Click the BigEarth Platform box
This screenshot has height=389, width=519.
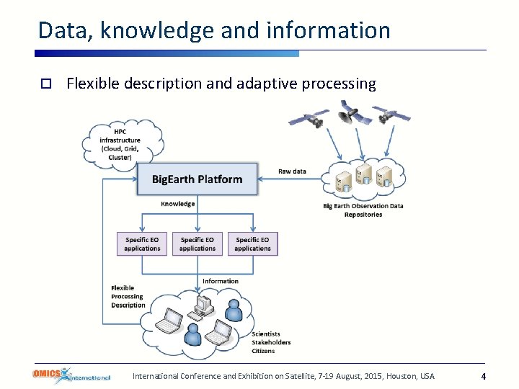point(197,179)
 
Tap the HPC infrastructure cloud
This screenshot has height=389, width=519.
point(120,144)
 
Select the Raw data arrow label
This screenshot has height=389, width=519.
point(292,171)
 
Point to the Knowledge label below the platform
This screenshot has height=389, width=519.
point(177,204)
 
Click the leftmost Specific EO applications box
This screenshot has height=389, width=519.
point(142,243)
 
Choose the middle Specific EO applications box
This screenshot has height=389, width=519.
point(198,243)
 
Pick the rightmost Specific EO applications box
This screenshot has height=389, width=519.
point(252,243)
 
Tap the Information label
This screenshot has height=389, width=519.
point(220,281)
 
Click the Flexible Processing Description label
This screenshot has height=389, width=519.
point(128,296)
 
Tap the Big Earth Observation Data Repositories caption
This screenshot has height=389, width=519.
point(363,210)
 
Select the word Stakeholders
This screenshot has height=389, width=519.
point(271,342)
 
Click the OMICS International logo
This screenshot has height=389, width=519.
point(71,375)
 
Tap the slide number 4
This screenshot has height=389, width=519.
point(483,376)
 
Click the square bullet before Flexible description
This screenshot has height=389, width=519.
point(45,84)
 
